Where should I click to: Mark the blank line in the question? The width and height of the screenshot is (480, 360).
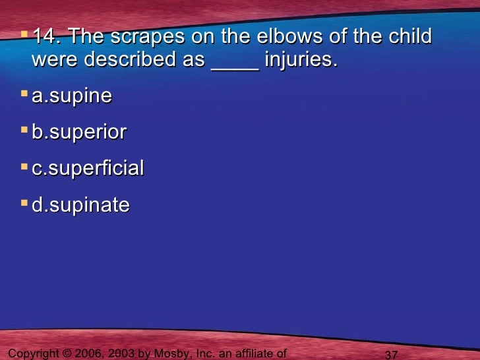pos(234,65)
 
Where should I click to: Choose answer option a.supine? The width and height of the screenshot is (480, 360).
pos(72,97)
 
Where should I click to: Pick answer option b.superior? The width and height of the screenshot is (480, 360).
pos(79,133)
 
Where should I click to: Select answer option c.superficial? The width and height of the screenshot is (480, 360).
pos(88,169)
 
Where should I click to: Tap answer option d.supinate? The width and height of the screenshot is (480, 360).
pos(81,205)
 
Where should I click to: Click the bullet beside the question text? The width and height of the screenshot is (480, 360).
pos(24,34)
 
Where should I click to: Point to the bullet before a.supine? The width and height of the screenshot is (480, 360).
pos(24,94)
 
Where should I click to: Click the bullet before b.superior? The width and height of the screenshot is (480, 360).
pos(24,131)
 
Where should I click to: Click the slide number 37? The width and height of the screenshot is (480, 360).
pos(391,355)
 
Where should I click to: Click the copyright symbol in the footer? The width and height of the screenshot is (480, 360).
pos(65,354)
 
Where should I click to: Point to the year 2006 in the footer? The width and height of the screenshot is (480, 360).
pos(88,354)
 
